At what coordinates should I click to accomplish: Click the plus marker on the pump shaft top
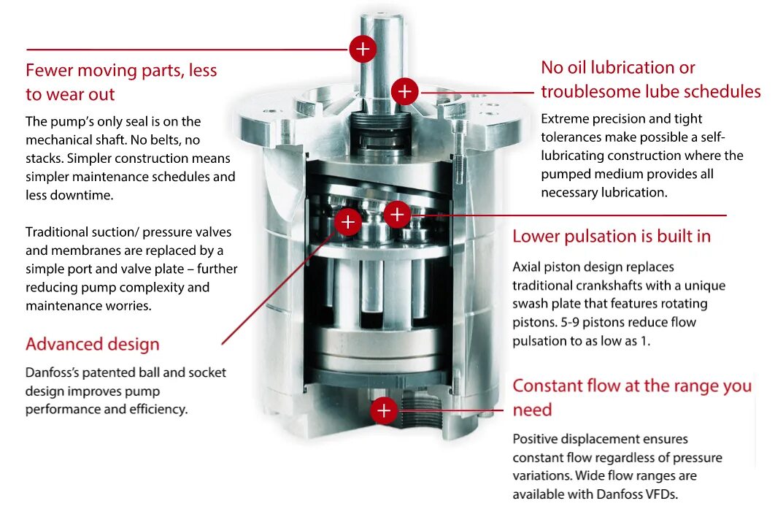363,49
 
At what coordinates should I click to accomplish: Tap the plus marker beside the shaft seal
404,92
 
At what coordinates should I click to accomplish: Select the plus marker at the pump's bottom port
384,410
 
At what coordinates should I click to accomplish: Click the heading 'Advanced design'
92,344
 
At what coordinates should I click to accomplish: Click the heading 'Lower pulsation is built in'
611,236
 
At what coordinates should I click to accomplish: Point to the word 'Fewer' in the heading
49,70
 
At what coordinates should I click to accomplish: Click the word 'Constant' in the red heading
547,386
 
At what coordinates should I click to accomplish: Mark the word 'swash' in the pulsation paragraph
531,303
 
